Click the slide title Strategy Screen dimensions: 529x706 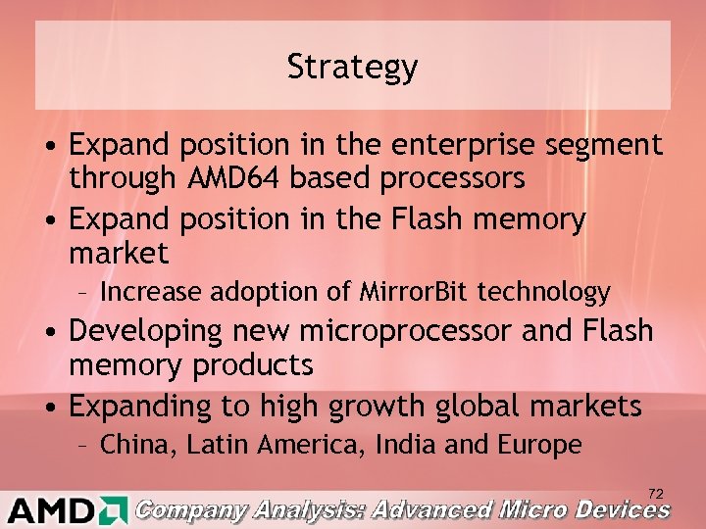pos(353,67)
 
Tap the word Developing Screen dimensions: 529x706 pos(146,332)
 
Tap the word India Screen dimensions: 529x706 pos(402,445)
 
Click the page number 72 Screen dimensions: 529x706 pos(656,494)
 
